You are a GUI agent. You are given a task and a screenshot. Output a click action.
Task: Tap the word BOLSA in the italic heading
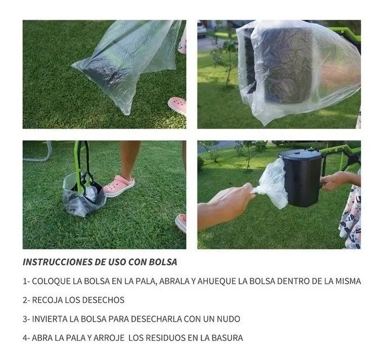(x=163, y=262)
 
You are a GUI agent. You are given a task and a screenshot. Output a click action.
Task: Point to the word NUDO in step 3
(x=228, y=319)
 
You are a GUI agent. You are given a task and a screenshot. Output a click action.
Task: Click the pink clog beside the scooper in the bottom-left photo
(x=119, y=185)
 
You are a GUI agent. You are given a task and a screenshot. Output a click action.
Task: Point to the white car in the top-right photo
(x=201, y=29)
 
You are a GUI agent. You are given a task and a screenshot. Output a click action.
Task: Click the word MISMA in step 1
(x=348, y=281)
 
